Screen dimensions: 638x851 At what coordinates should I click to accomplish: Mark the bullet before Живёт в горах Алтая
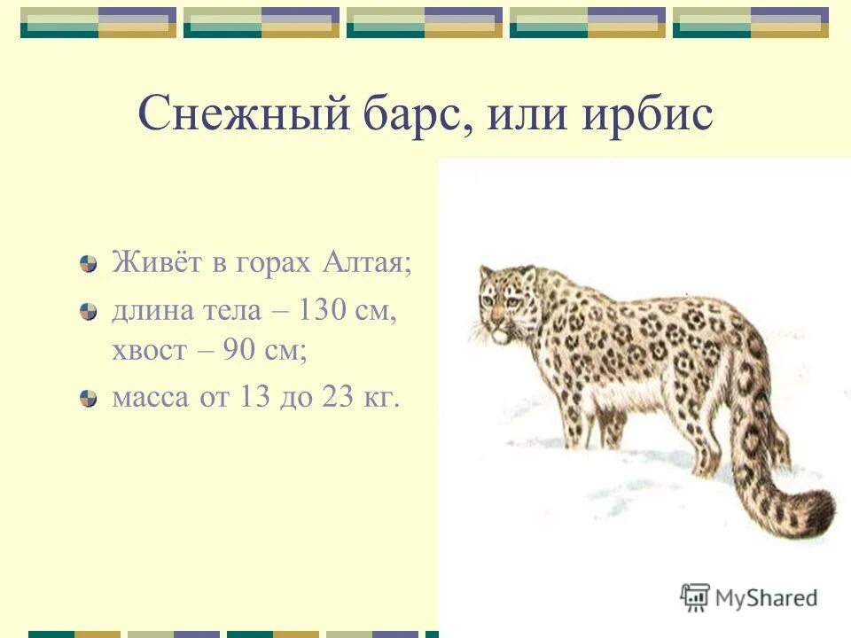pos(88,264)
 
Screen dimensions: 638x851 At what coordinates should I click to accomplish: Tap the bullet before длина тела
pos(88,311)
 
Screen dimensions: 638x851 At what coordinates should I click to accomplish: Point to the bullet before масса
pos(88,399)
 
